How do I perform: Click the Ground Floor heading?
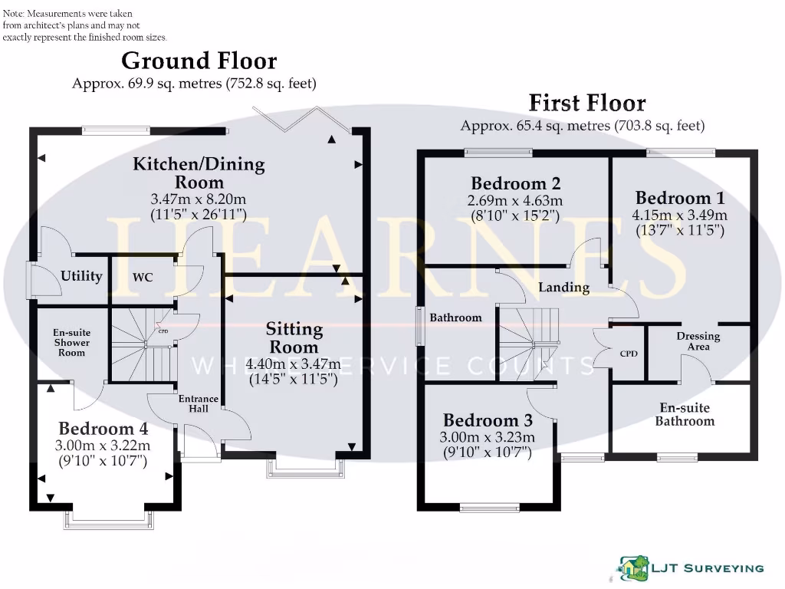199,61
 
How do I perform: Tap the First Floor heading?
587,103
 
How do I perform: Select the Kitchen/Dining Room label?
199,173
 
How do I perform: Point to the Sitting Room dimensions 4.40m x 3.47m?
294,364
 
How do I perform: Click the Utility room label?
81,276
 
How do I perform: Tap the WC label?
143,277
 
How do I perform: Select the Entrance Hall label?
199,404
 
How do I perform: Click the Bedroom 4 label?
103,428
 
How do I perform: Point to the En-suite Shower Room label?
69,343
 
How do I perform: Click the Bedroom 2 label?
515,183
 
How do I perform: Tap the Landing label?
563,288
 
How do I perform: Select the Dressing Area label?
698,341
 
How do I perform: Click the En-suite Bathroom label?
685,414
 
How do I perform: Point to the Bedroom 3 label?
488,420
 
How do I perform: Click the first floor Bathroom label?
455,318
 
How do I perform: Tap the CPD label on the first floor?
629,354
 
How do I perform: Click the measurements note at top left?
84,25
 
